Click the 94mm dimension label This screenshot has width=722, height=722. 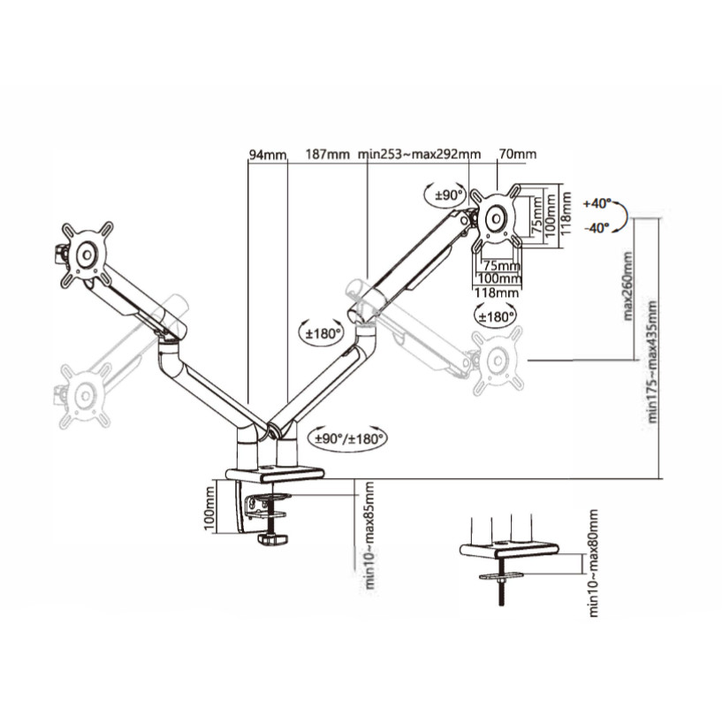coord(268,155)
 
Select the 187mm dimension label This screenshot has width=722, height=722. coord(327,154)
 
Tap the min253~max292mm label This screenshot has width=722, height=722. coord(419,154)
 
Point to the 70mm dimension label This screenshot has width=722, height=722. coord(518,154)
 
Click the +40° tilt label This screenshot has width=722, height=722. coord(597,203)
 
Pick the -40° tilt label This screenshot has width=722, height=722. coord(597,227)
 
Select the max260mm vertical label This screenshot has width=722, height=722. coord(627,285)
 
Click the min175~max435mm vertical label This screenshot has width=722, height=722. coord(652,361)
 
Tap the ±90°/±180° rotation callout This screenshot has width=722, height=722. coord(349,438)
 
